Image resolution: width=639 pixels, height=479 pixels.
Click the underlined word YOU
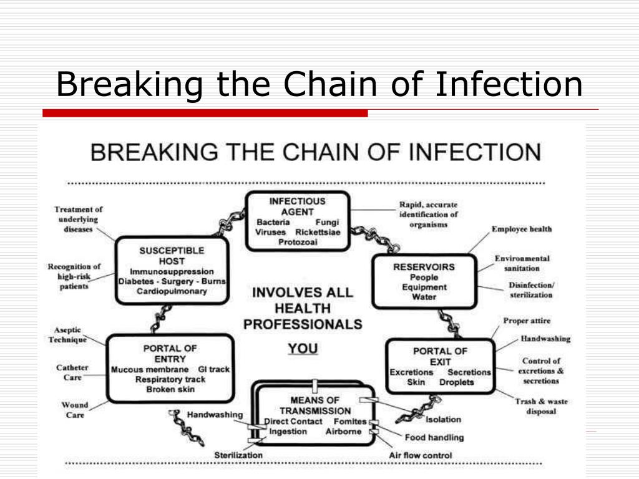click(x=303, y=349)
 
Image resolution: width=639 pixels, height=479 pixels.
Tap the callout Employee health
click(x=522, y=229)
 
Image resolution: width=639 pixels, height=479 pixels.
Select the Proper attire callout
click(x=527, y=321)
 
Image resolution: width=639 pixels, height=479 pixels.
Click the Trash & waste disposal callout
click(x=541, y=406)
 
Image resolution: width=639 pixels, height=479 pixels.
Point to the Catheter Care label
click(x=72, y=372)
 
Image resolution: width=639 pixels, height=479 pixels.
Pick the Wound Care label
click(x=75, y=410)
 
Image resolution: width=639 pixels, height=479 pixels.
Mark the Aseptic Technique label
click(x=67, y=335)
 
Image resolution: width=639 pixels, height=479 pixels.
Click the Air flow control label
click(x=421, y=455)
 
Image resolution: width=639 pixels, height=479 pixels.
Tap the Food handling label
click(x=434, y=437)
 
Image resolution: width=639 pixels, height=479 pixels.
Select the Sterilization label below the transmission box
click(x=238, y=455)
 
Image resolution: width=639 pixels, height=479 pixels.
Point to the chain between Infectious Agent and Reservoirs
click(x=375, y=238)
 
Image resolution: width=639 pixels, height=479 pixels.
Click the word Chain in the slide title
click(x=330, y=84)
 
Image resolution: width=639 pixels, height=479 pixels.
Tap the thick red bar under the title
click(x=205, y=114)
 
